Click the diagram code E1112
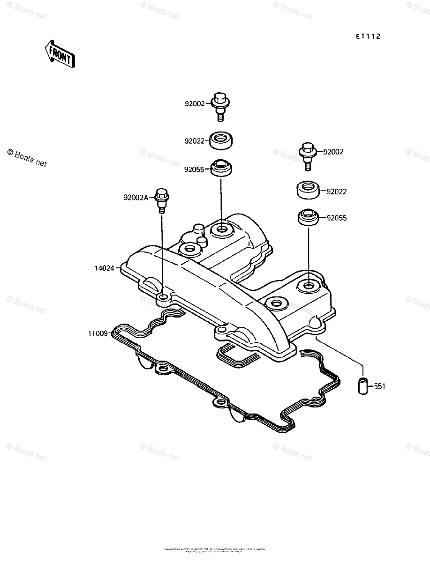(x=367, y=37)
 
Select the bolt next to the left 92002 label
(x=222, y=106)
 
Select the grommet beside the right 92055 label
(x=309, y=218)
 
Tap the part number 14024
(x=104, y=268)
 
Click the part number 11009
(x=98, y=334)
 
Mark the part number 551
(x=379, y=387)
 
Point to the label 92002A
(x=136, y=198)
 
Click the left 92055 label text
(x=194, y=170)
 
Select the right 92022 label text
(x=337, y=192)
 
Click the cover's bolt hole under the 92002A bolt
(x=163, y=298)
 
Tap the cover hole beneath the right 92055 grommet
(x=309, y=285)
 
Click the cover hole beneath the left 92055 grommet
(x=221, y=230)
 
